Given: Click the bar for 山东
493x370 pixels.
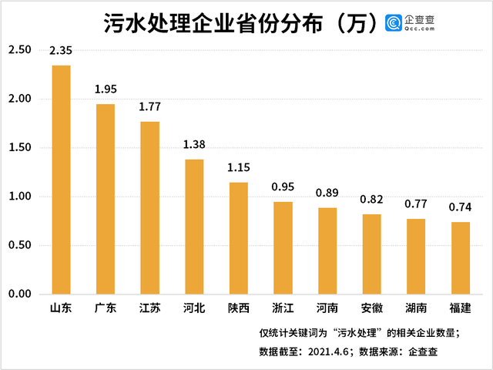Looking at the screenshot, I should click(x=61, y=180).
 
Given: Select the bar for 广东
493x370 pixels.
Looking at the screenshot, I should click(x=106, y=199).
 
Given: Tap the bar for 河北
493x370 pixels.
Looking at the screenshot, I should click(x=194, y=227).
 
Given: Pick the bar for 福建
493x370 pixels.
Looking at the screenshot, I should click(x=461, y=258).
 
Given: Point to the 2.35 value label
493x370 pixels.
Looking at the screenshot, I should click(x=61, y=52).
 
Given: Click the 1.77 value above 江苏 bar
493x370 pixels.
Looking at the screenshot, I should click(x=149, y=107).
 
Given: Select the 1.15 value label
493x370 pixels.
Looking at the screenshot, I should click(x=239, y=168).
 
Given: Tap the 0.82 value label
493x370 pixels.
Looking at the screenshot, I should click(x=372, y=200).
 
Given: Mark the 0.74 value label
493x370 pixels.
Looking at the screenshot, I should click(x=461, y=207).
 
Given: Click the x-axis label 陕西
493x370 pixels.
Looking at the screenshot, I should click(x=239, y=309).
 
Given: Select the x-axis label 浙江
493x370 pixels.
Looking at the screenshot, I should click(x=283, y=309).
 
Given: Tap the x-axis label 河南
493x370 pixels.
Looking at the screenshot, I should click(x=327, y=309).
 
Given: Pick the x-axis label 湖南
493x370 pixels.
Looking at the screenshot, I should click(x=416, y=309).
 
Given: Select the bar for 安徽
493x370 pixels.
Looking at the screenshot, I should click(x=372, y=254).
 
